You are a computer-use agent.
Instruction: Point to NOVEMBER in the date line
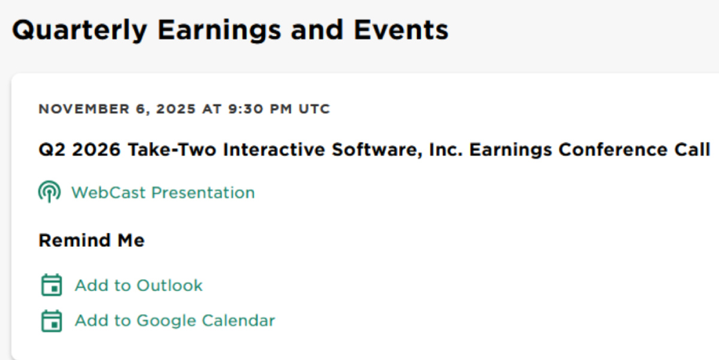(77, 109)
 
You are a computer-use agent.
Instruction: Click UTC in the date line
(313, 109)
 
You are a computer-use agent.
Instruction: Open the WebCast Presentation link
(163, 192)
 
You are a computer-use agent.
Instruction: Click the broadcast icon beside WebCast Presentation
(49, 192)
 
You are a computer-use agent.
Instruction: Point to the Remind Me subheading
(92, 241)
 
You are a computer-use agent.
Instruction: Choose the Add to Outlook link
(138, 285)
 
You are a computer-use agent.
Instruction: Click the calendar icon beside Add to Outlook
(52, 285)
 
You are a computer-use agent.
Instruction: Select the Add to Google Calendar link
(174, 320)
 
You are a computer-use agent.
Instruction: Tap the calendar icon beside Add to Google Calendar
(52, 320)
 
